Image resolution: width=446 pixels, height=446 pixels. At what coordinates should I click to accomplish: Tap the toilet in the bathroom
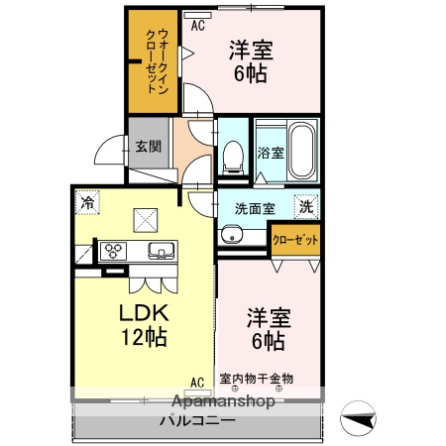click(234, 157)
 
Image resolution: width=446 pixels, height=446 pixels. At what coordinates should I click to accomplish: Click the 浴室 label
click(271, 154)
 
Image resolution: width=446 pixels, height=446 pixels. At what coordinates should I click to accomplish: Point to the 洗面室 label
click(255, 208)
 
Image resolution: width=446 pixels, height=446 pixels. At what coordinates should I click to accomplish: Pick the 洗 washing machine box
click(307, 208)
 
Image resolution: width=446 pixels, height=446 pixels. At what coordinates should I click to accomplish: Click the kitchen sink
click(160, 249)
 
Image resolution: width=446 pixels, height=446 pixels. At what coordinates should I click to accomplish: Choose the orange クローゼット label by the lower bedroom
click(295, 240)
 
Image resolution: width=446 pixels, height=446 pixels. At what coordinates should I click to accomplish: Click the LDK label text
click(146, 313)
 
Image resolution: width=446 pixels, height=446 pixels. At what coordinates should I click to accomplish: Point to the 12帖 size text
click(144, 337)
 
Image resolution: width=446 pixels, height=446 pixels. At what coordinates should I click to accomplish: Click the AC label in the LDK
click(196, 381)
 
